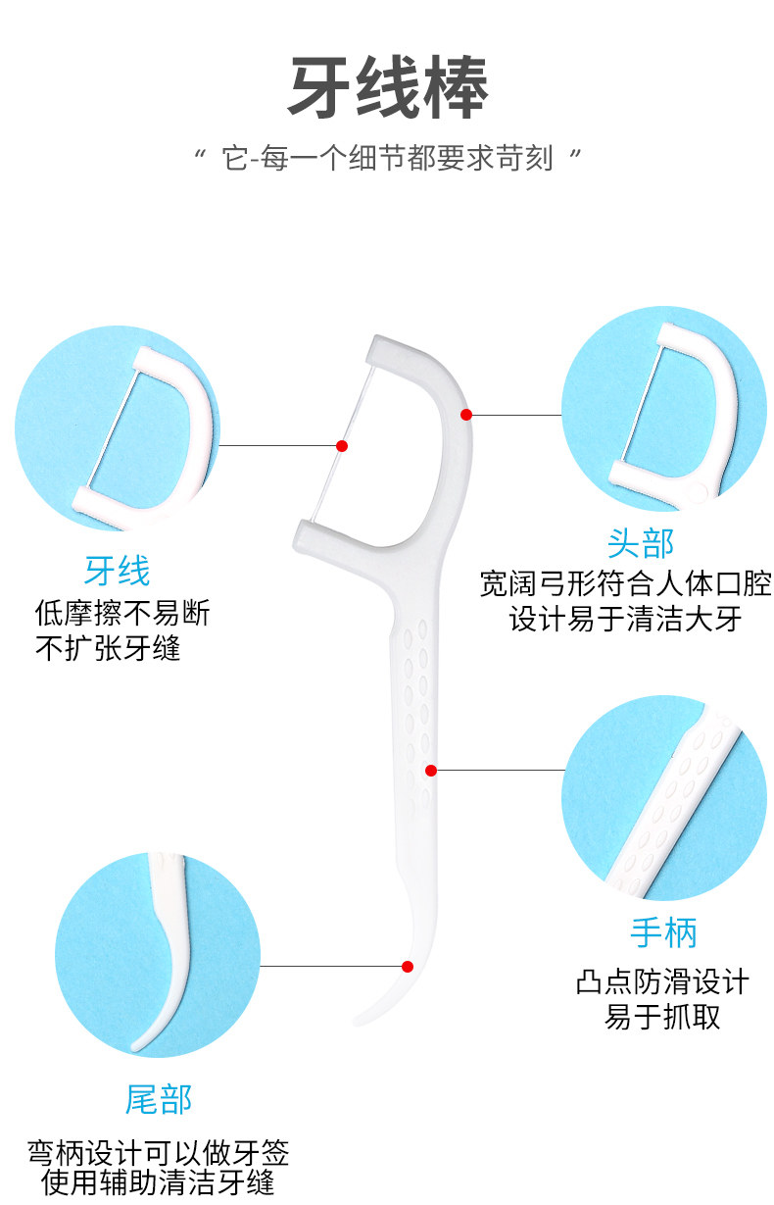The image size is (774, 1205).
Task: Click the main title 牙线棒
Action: [x=388, y=87]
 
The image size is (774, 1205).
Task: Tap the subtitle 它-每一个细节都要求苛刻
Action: [x=388, y=157]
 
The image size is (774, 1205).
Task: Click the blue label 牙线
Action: [x=117, y=571]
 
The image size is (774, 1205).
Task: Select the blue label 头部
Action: [x=641, y=542]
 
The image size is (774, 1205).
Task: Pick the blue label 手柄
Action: [x=663, y=932]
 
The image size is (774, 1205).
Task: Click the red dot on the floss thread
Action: [x=342, y=446]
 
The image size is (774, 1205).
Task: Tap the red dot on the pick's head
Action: [x=466, y=415]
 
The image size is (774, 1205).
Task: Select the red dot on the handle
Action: [x=430, y=771]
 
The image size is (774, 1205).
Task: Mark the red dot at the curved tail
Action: [x=408, y=967]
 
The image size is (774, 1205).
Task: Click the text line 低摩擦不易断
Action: [x=121, y=614]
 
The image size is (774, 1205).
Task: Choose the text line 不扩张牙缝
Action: [x=108, y=647]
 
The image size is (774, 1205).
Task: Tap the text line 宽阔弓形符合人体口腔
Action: [x=625, y=585]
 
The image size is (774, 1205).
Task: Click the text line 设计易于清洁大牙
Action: [x=625, y=619]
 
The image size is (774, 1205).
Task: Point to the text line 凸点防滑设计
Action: [x=662, y=981]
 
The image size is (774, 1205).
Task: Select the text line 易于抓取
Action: [x=662, y=1016]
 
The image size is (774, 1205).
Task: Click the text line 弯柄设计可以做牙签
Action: [x=158, y=1151]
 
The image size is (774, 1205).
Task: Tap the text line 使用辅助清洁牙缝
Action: [x=158, y=1182]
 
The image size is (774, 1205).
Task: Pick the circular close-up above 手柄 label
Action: [x=663, y=797]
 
